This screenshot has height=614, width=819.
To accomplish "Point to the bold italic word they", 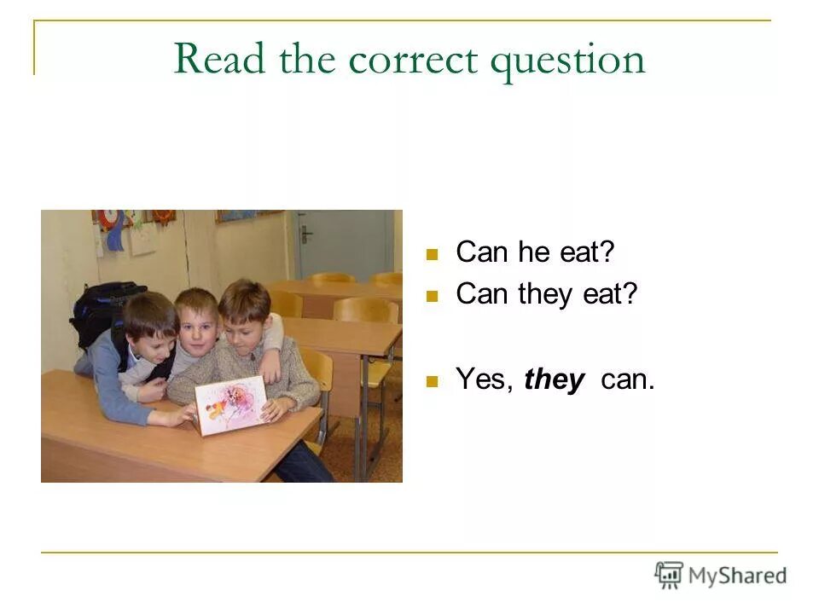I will [555, 379].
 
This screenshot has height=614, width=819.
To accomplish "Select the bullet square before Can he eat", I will [432, 254].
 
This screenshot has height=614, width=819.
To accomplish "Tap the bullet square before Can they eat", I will [432, 296].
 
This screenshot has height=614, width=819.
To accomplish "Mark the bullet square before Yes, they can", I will [432, 381].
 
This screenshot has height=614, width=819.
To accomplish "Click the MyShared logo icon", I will [669, 575].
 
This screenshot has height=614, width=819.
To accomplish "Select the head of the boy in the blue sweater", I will [150, 324].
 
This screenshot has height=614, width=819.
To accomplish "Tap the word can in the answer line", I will [627, 379].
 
